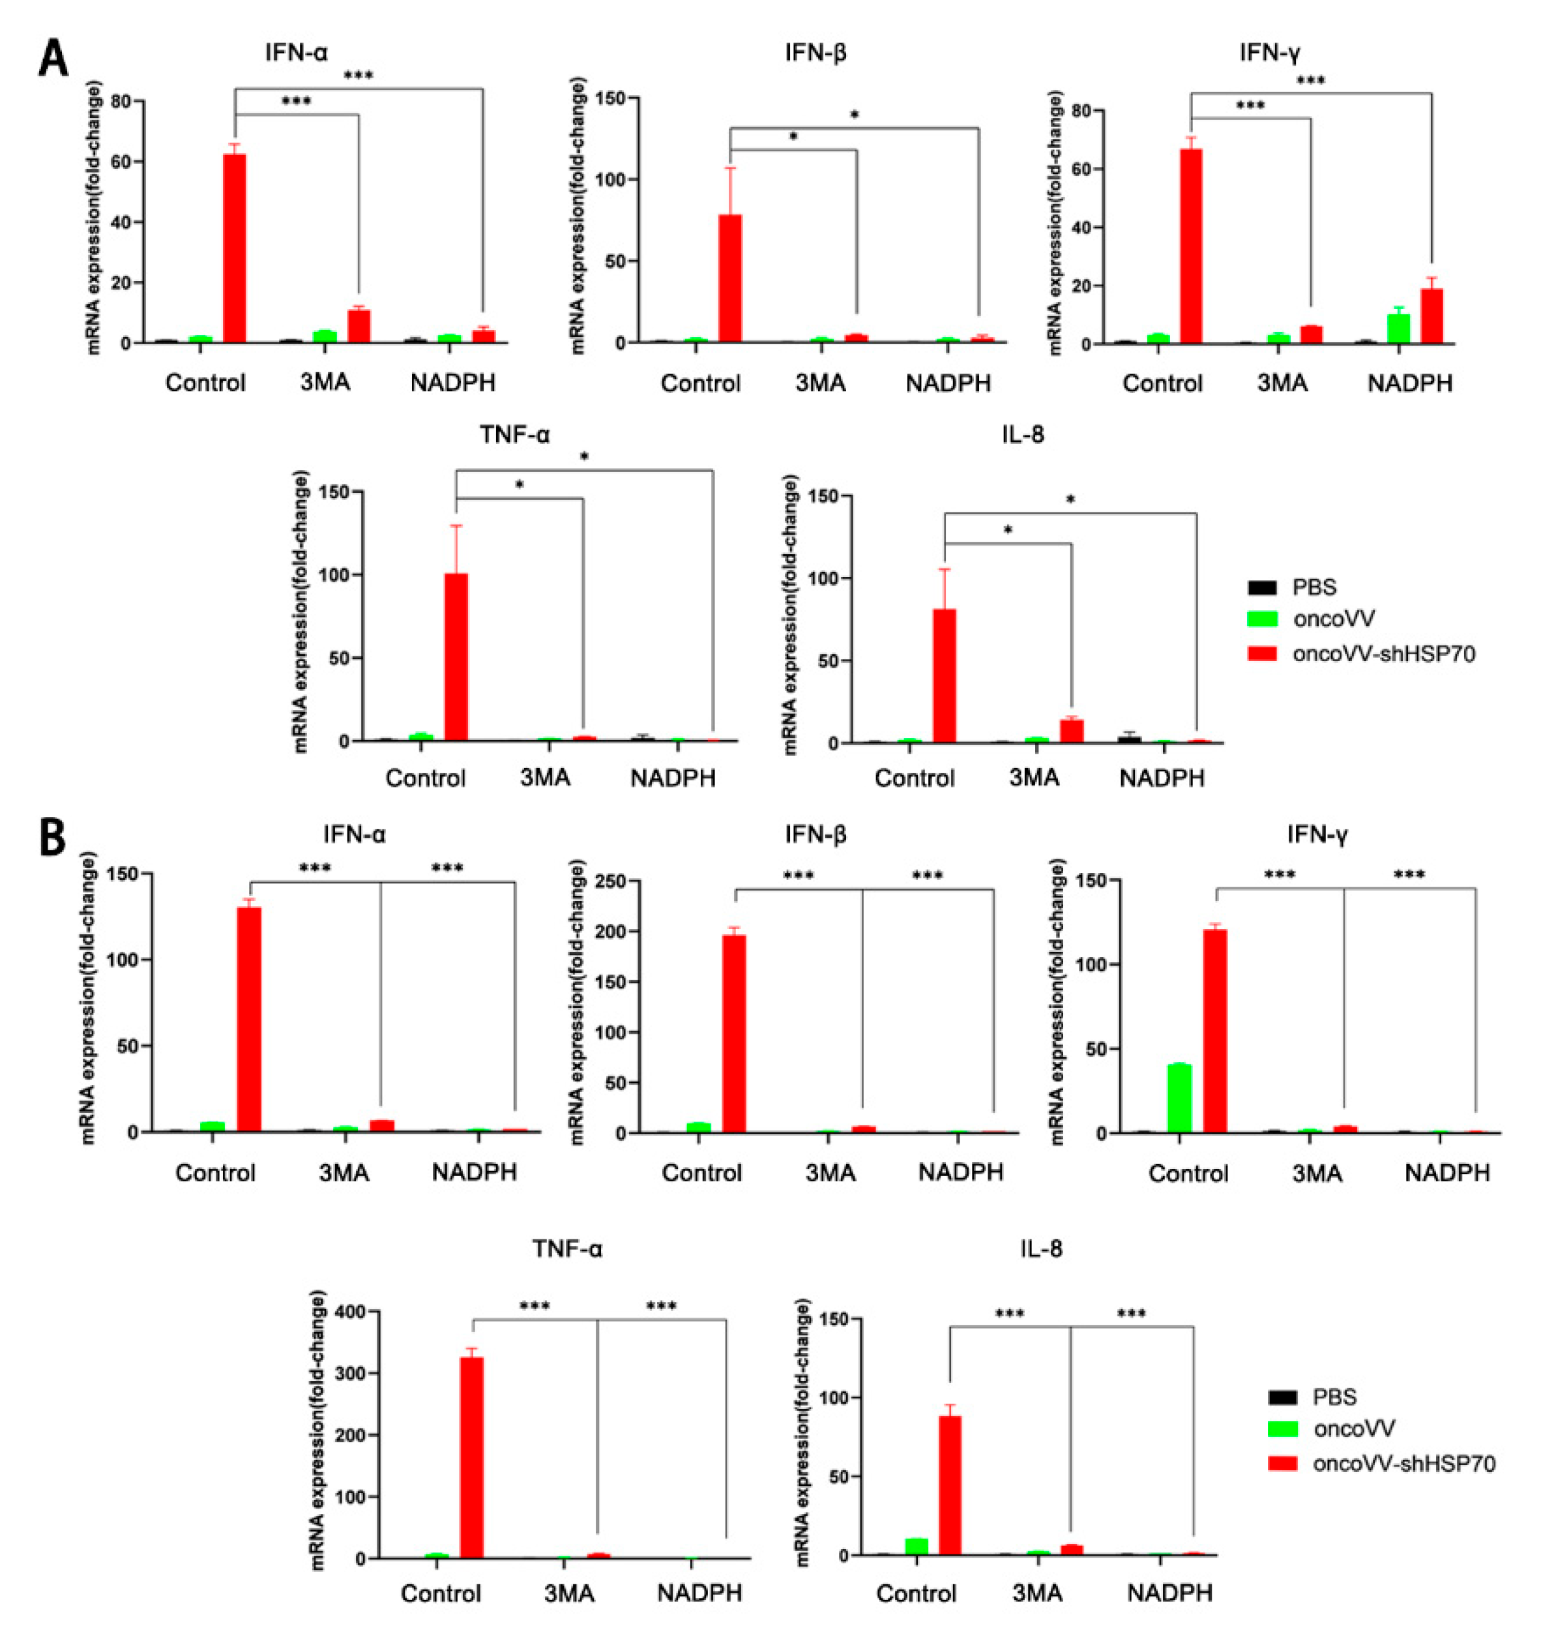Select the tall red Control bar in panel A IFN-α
click(x=235, y=248)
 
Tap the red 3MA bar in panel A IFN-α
click(x=359, y=325)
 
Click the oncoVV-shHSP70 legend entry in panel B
click(x=1404, y=1464)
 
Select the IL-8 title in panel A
click(x=1023, y=434)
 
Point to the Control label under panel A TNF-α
click(x=425, y=778)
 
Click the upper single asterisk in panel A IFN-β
click(x=855, y=115)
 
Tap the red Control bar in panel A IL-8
click(x=945, y=676)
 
